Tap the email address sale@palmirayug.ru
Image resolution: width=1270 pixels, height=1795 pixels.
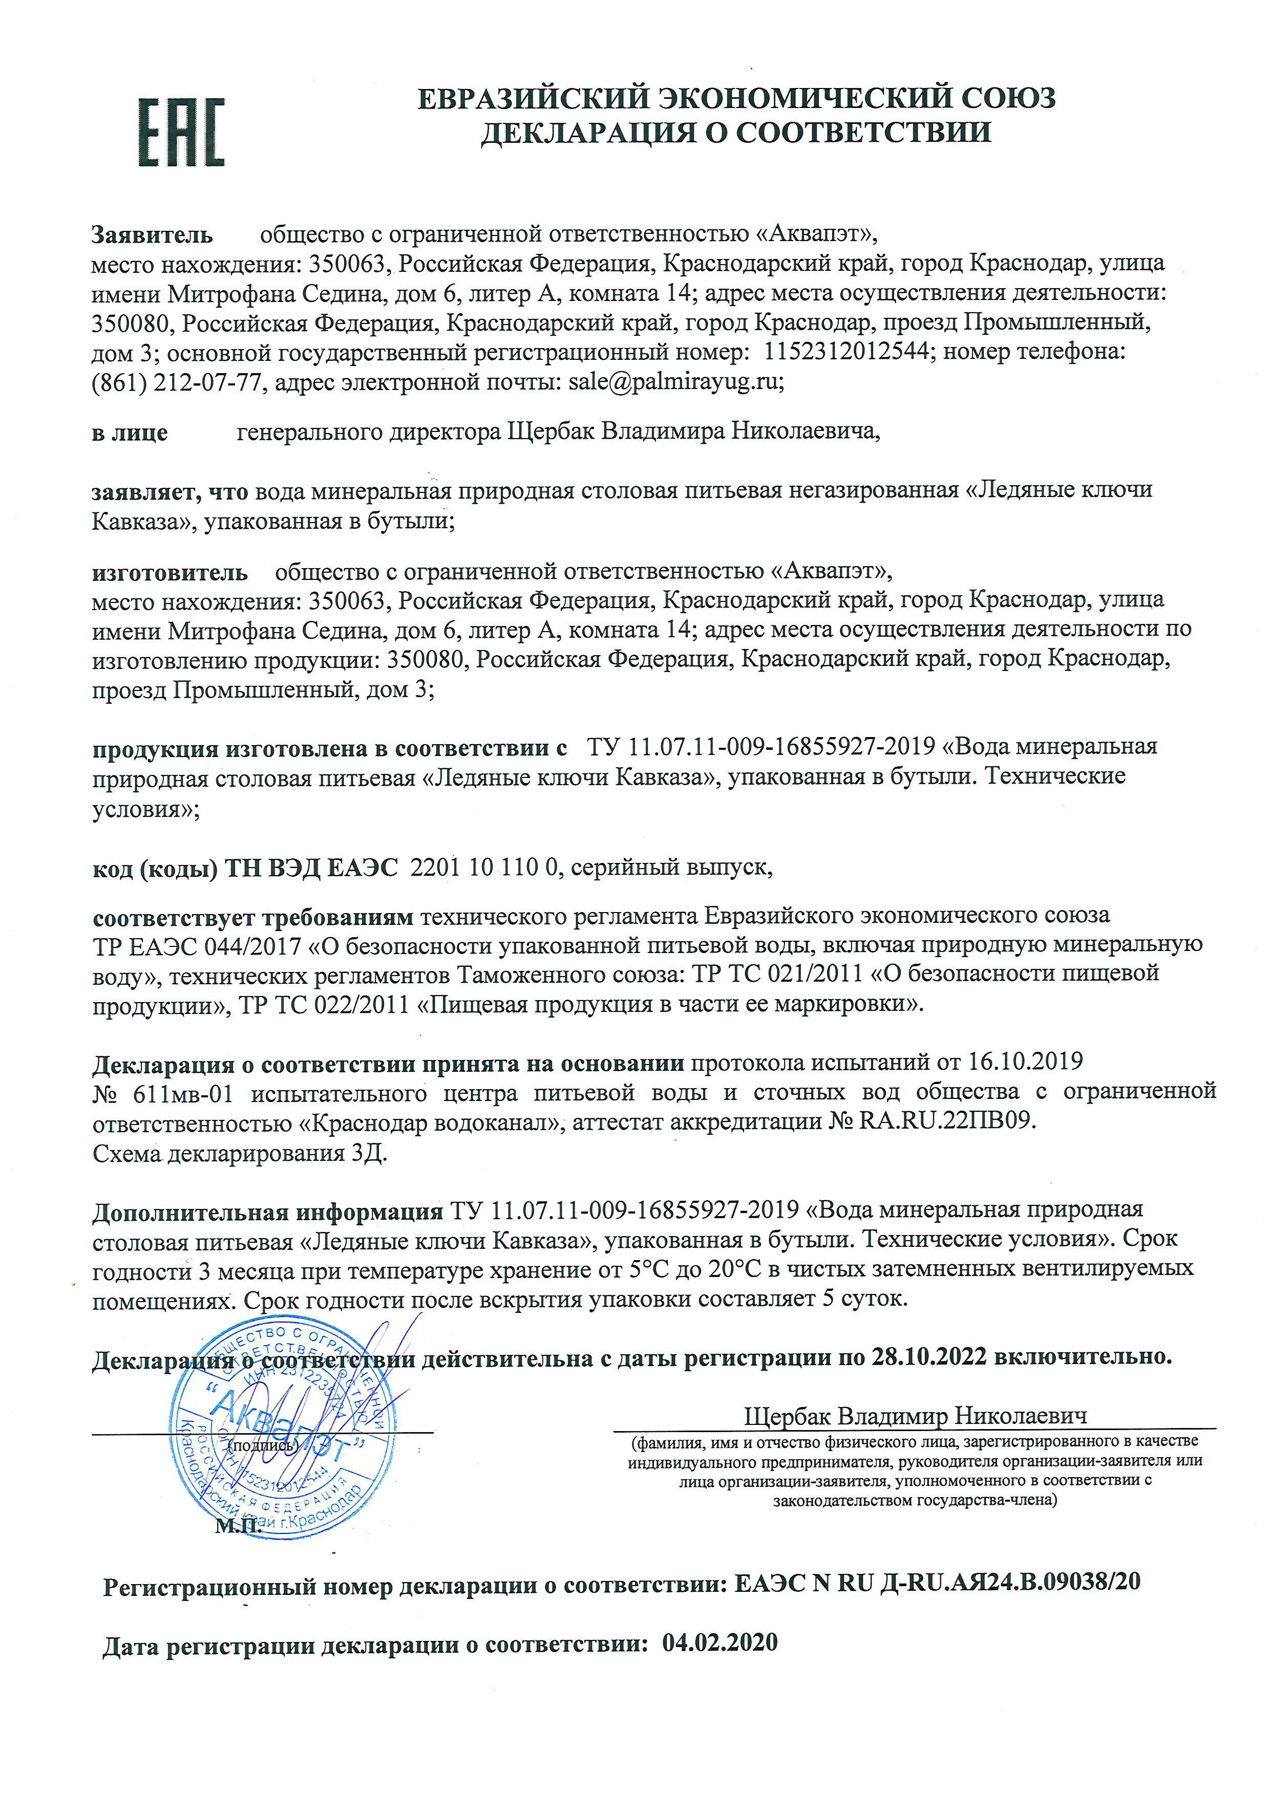675,382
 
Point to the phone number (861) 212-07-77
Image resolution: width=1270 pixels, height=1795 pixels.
176,383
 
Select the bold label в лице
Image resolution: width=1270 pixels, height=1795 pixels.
130,432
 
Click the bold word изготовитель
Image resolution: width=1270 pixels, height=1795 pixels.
170,573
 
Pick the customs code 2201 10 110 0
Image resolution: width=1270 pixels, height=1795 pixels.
485,867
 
